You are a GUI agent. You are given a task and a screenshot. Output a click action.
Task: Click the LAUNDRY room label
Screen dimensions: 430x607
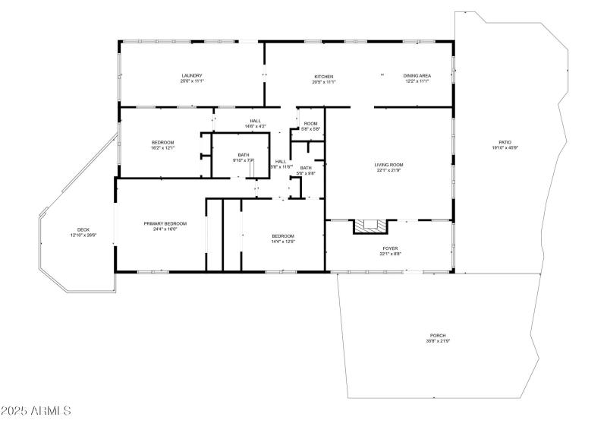point(192,76)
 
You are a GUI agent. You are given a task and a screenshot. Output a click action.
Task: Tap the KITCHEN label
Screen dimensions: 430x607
point(324,76)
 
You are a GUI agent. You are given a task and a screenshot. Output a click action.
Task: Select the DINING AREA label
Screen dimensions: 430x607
point(417,76)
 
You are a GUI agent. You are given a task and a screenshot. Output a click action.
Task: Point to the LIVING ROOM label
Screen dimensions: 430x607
point(388,164)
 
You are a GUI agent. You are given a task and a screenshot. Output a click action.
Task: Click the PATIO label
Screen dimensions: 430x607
point(505,142)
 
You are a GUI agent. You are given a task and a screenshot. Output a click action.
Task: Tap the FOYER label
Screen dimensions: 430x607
point(389,248)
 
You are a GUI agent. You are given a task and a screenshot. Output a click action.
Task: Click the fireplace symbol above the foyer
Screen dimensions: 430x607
point(370,226)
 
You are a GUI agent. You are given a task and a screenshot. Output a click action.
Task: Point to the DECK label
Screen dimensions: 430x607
point(83,229)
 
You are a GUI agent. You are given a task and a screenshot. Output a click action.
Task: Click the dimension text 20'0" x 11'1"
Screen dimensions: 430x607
point(192,82)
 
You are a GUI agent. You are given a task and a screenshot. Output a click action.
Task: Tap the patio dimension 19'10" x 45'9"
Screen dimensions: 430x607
point(505,148)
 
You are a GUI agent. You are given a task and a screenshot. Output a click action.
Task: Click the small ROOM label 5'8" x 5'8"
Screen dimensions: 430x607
point(310,123)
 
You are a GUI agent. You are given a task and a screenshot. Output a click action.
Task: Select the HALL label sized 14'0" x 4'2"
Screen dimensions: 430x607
point(256,120)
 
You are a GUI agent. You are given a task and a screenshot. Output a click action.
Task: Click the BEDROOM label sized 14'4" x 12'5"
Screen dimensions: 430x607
point(283,236)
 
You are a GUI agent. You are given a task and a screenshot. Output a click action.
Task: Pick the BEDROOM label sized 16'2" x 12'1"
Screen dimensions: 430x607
point(163,142)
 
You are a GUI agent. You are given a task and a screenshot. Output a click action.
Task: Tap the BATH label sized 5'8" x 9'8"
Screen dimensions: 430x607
point(305,168)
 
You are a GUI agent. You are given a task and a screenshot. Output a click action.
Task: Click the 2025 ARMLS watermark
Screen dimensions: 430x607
point(36,411)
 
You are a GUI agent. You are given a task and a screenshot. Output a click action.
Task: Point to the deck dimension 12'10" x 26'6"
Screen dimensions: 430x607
point(83,236)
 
